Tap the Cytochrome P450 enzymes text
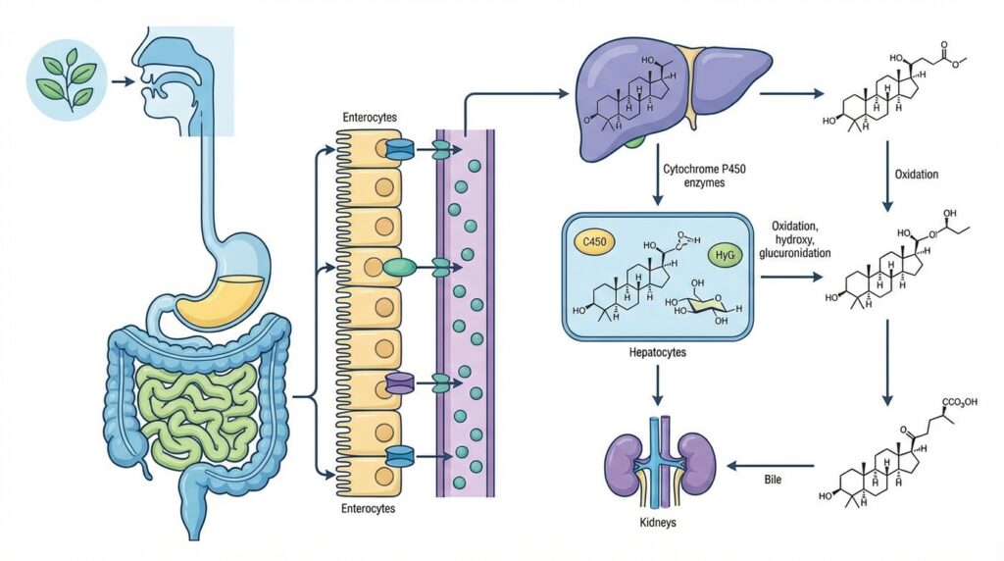tap(704, 176)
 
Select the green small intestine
tap(201, 402)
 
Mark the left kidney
tap(624, 466)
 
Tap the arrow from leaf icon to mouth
tap(123, 81)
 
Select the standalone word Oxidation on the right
tap(917, 175)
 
